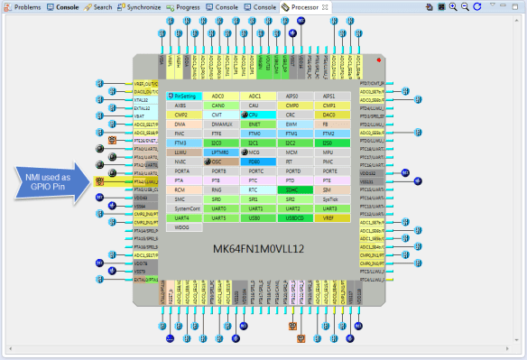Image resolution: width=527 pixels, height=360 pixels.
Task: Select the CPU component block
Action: click(x=254, y=115)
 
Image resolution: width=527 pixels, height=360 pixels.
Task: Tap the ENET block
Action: click(x=254, y=133)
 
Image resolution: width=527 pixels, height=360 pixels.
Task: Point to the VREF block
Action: click(x=328, y=217)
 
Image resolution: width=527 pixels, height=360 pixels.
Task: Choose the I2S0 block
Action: click(x=328, y=143)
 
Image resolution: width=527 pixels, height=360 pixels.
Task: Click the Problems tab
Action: click(x=23, y=6)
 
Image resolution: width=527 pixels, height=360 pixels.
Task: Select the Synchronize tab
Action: click(x=140, y=6)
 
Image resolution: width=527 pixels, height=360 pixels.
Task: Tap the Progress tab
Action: click(x=185, y=6)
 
